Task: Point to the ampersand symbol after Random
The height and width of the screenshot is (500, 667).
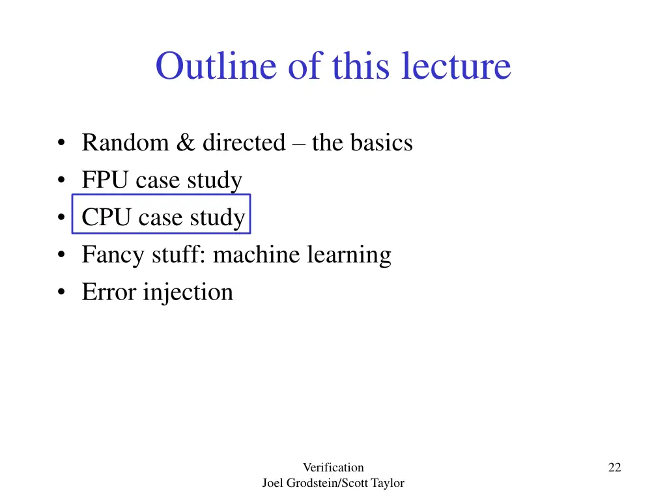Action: tap(185, 143)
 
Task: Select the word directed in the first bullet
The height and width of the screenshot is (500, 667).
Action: tap(244, 142)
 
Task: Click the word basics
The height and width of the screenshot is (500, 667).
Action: tap(382, 142)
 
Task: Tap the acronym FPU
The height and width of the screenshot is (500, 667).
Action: tap(106, 180)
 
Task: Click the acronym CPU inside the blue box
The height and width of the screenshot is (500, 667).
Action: tap(106, 217)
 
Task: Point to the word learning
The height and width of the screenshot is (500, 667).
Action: tap(350, 255)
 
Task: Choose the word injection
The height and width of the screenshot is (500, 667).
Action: tap(188, 292)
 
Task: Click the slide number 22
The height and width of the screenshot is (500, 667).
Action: tap(614, 467)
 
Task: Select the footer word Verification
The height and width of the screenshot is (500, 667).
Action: tap(333, 467)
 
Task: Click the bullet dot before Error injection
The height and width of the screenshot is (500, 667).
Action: tap(61, 293)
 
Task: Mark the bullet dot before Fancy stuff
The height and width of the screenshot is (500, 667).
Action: tap(61, 255)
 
